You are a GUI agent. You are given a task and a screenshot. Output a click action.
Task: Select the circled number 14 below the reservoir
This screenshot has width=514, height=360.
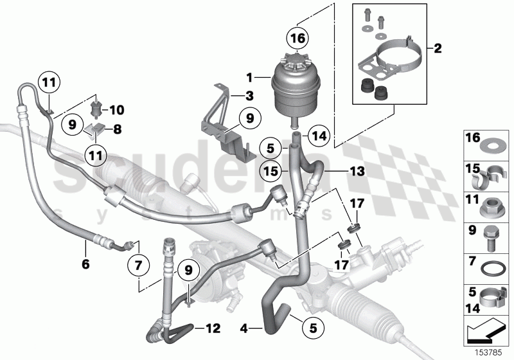319,136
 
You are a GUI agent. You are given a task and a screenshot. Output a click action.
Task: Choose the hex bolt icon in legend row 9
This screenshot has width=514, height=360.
490,235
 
